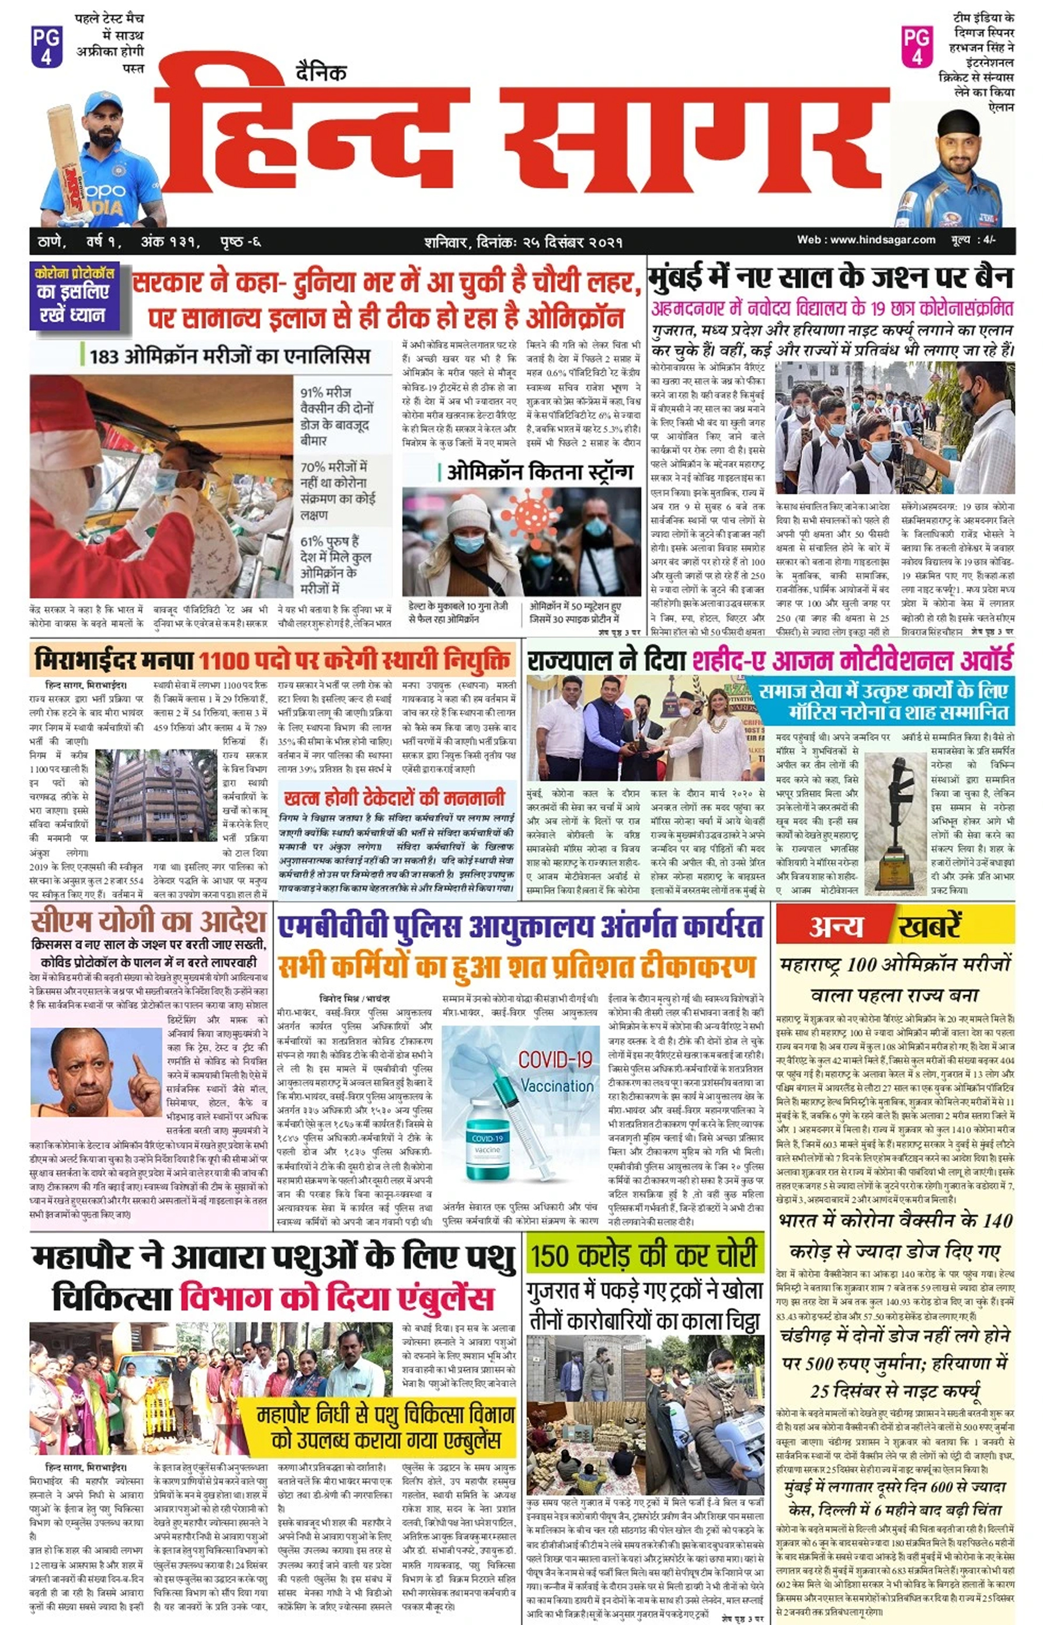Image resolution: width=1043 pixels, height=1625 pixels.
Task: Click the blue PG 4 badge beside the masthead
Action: coord(46,46)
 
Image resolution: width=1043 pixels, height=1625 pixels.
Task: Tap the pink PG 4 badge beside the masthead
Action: coord(917,46)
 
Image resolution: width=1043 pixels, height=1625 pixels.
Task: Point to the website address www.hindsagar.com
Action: coord(866,240)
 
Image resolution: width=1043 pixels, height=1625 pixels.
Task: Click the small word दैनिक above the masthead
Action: coord(321,72)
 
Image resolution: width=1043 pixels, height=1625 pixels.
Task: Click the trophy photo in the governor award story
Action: coord(895,822)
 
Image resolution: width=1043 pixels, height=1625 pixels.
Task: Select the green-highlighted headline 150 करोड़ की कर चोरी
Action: coord(644,1255)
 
